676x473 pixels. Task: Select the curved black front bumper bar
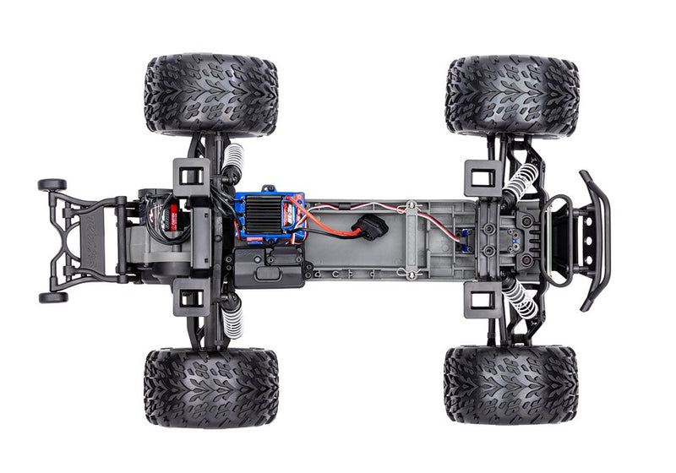[597, 240]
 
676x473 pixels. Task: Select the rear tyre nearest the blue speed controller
[210, 95]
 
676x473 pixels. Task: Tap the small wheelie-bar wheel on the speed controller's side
[52, 184]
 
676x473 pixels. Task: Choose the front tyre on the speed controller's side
[512, 95]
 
